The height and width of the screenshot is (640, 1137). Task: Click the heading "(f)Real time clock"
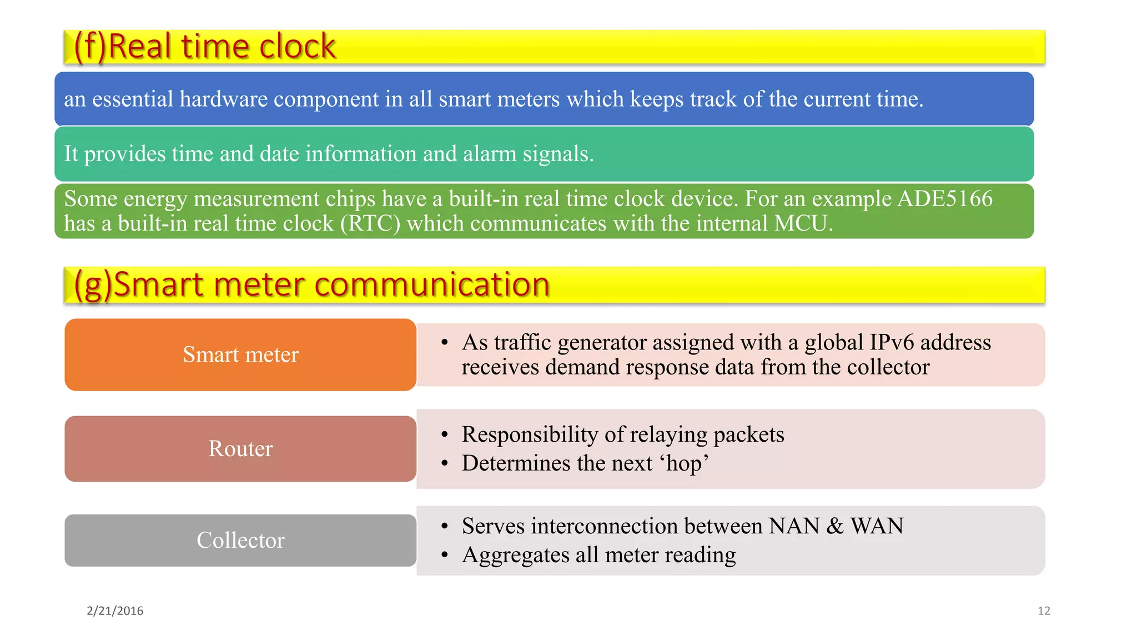(x=204, y=46)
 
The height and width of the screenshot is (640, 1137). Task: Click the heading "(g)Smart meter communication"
(x=311, y=284)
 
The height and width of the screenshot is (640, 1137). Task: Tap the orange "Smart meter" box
(x=240, y=354)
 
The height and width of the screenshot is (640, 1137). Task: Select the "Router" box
(x=240, y=449)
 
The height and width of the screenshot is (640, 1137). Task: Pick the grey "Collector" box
(x=240, y=540)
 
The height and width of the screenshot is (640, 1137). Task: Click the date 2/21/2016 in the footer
(x=115, y=611)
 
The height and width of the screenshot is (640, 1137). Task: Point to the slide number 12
(x=1044, y=611)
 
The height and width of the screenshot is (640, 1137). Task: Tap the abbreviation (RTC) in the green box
(x=370, y=223)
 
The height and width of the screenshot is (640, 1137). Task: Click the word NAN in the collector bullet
(x=793, y=526)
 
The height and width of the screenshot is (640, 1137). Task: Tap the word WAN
(x=877, y=526)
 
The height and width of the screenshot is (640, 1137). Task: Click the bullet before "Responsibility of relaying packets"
(x=444, y=435)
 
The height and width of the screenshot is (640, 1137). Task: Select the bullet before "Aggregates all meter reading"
(x=444, y=555)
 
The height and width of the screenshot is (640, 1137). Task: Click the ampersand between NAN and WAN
(x=834, y=526)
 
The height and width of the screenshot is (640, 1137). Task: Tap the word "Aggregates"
(x=516, y=556)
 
